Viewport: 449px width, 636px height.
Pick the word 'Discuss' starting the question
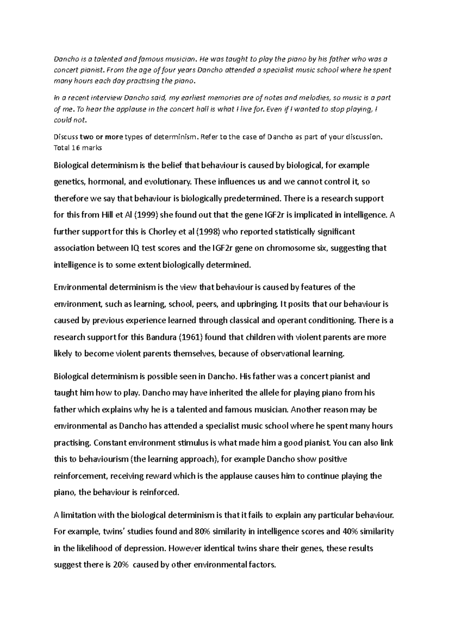(x=65, y=137)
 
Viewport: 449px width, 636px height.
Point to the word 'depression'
(x=145, y=548)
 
